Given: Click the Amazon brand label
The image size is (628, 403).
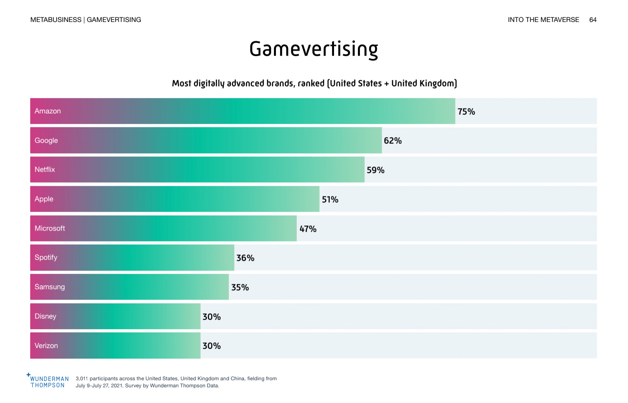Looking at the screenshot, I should point(47,111).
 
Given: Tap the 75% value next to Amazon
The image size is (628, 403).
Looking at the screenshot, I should point(466,112).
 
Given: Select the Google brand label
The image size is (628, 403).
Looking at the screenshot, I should point(46,141).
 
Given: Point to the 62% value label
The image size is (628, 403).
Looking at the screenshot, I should point(392,141).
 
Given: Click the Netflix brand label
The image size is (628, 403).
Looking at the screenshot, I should point(45,170).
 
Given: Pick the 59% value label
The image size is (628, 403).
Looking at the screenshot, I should point(376,170).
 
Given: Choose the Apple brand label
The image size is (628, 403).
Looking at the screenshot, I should point(44,199).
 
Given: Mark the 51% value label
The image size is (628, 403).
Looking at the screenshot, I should point(330,200).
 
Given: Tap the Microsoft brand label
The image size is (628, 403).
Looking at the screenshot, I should point(50,228).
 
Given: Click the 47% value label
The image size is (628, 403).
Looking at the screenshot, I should point(308,229).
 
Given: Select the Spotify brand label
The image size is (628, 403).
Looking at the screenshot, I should point(46,258).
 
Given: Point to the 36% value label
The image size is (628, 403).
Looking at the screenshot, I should point(245,258).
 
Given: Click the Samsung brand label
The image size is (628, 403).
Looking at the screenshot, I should point(50,287).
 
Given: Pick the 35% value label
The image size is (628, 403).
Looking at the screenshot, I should point(240,288).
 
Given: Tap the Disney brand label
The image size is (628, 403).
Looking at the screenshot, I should point(46,316).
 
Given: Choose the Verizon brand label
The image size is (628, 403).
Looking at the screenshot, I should point(46,346).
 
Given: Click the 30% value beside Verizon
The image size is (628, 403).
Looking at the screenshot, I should point(212,346).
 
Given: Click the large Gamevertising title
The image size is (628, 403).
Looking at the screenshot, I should point(314,49).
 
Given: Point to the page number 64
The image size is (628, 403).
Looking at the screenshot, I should point(593,20).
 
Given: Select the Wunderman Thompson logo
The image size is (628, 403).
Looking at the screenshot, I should point(48,381).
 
